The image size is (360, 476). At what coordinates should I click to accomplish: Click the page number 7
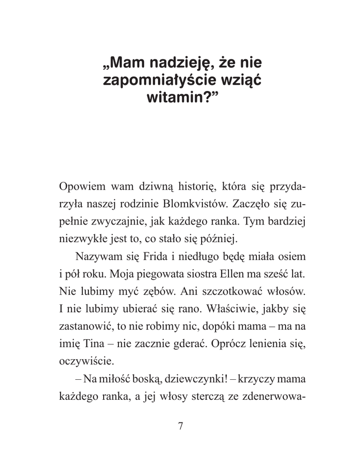coord(181,426)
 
